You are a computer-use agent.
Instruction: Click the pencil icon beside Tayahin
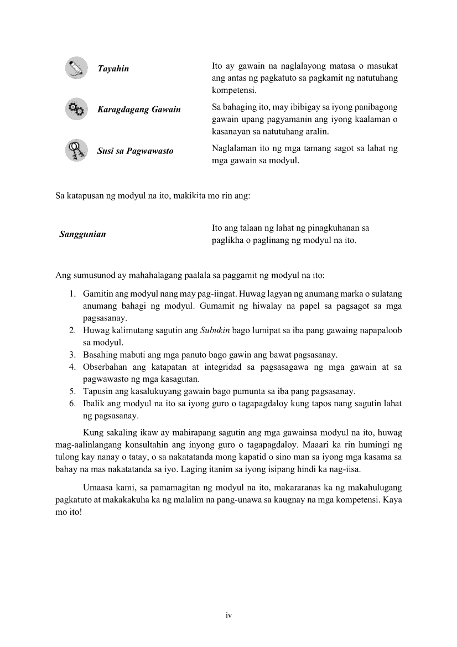76,68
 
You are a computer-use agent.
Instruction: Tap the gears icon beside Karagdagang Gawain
76,109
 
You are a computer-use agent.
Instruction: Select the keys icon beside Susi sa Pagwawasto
76,150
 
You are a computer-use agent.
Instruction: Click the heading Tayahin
113,69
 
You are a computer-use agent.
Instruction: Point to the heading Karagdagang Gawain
139,110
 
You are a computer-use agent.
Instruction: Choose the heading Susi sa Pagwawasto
135,151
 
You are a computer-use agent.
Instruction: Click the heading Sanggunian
82,234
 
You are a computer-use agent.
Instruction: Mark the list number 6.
72,403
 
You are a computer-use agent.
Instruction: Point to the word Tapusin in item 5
97,391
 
